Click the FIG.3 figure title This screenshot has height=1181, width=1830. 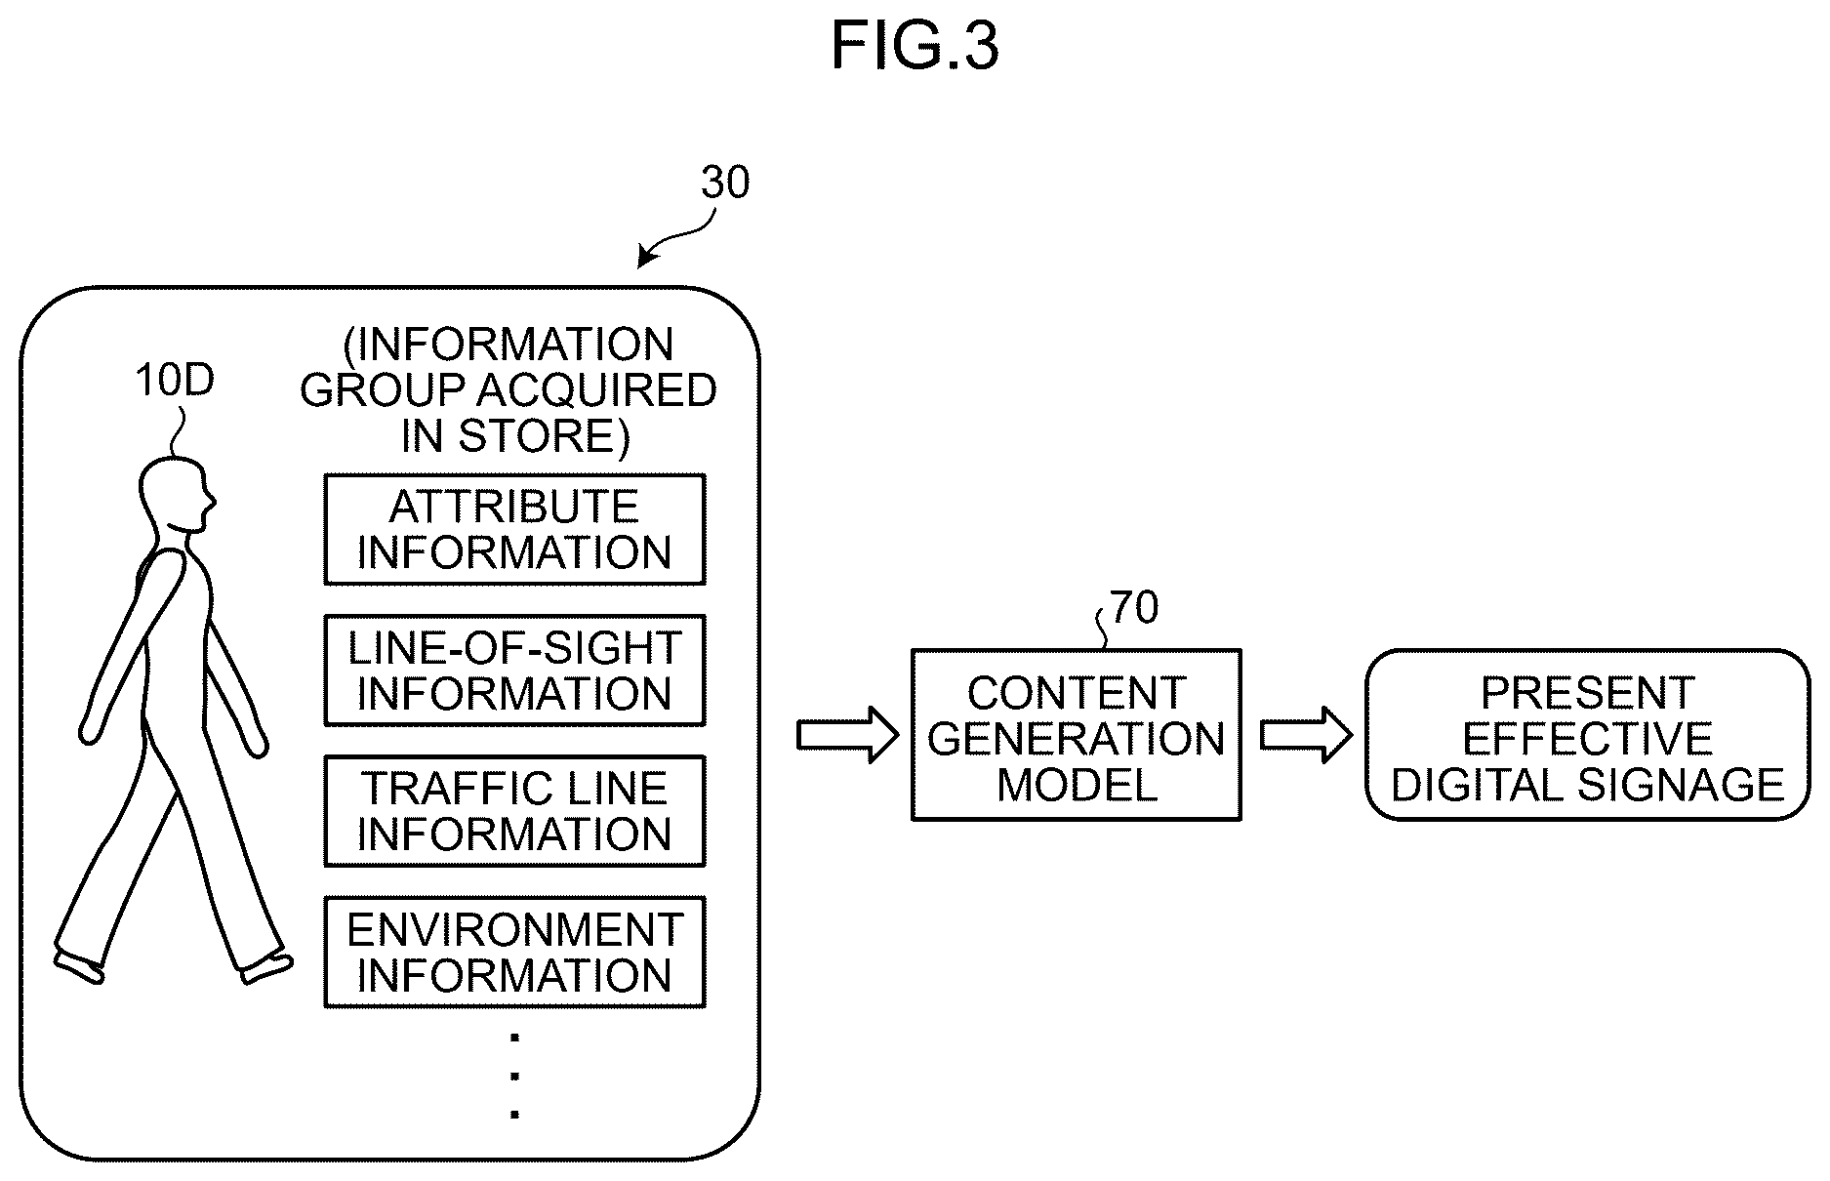coord(915,46)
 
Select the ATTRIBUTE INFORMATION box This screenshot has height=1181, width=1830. coord(514,530)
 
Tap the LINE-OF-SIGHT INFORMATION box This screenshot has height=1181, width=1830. coord(514,671)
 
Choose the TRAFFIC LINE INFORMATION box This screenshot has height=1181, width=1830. coord(514,811)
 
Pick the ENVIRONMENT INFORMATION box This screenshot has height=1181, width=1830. coord(514,952)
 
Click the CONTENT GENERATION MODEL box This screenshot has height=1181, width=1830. coord(1077,735)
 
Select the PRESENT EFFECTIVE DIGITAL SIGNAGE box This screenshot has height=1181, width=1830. coord(1587,735)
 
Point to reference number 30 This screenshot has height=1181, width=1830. coord(725,183)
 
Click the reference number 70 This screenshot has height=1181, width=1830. coord(1134,608)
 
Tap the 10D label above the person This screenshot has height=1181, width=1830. coord(174,381)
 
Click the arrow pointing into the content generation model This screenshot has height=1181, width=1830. coord(847,735)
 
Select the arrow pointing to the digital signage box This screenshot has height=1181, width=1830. coord(1307,735)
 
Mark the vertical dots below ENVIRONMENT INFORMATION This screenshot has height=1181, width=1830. coord(514,1076)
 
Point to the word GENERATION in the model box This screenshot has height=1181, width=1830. coord(1077,739)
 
